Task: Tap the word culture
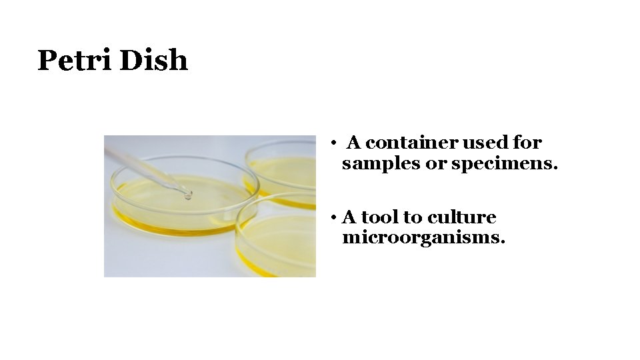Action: coord(461,217)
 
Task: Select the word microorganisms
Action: coord(423,238)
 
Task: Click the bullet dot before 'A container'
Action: coord(331,143)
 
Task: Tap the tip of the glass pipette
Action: coord(188,195)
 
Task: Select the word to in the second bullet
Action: coord(413,217)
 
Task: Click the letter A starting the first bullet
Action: coord(354,143)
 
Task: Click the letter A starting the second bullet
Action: coord(349,217)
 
